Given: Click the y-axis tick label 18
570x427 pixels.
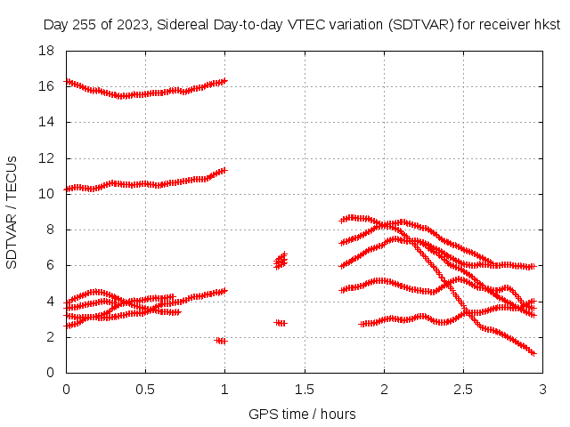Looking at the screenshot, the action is tap(46, 51).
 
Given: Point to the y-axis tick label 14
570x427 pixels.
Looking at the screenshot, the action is tap(46, 122).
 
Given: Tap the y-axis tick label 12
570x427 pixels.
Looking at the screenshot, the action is tap(46, 158).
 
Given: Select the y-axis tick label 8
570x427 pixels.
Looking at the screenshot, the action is tap(50, 230).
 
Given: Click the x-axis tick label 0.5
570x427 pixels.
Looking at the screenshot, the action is tap(145, 390).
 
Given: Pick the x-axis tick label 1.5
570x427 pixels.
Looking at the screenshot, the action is tap(305, 390).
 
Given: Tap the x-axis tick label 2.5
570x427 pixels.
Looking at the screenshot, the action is tap(463, 390).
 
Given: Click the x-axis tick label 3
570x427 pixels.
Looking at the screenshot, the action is tap(542, 390).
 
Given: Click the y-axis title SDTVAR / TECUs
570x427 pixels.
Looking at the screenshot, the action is tap(12, 213).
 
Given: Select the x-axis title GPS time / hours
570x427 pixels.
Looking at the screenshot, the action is tap(302, 414).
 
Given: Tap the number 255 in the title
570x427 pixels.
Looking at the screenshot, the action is tap(84, 25).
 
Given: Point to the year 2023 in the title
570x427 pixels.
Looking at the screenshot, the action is tap(133, 25).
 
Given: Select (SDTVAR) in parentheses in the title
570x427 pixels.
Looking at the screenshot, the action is tap(421, 25).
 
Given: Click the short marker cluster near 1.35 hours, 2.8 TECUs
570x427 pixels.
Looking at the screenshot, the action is tap(281, 323).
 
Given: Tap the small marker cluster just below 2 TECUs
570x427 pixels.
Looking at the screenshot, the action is tap(221, 341).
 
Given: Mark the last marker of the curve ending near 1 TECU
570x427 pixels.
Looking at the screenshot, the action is tap(533, 353).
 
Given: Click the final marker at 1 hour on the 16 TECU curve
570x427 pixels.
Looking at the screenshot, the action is tap(224, 81).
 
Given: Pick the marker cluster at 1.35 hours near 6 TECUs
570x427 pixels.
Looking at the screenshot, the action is tap(281, 261).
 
